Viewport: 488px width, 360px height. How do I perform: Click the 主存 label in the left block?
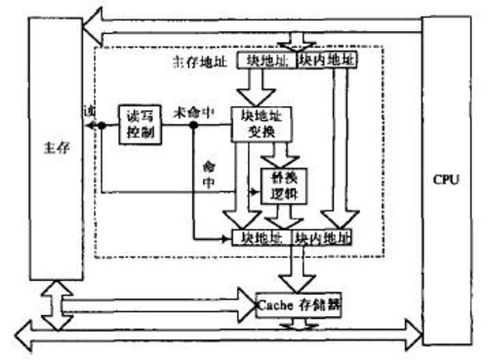point(55,147)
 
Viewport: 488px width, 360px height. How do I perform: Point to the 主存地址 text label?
point(194,62)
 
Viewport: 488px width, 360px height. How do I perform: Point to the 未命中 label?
point(190,109)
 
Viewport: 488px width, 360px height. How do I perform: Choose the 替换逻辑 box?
point(283,183)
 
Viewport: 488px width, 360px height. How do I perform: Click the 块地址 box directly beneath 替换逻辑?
point(262,237)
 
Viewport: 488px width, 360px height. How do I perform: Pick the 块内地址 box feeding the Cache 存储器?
point(323,237)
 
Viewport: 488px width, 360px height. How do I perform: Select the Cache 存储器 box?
point(302,303)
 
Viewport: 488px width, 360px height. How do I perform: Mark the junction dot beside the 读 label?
point(97,125)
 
